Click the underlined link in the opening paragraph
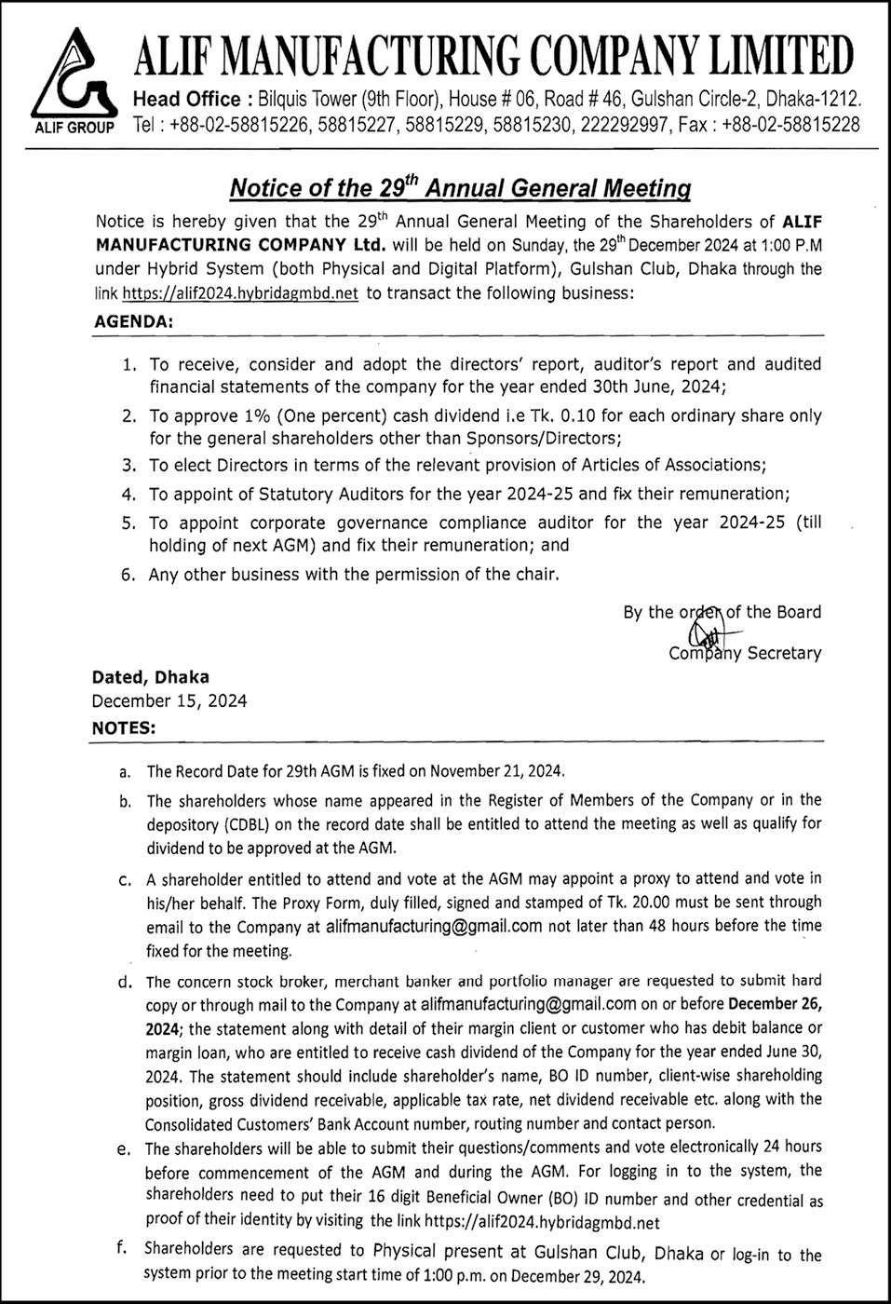[239, 293]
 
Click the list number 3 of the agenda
[129, 464]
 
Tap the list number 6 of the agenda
[129, 575]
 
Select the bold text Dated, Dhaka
[150, 677]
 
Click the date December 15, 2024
[169, 700]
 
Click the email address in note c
[434, 926]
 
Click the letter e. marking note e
[124, 1149]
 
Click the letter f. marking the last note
[123, 1250]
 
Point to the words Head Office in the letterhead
[189, 99]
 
